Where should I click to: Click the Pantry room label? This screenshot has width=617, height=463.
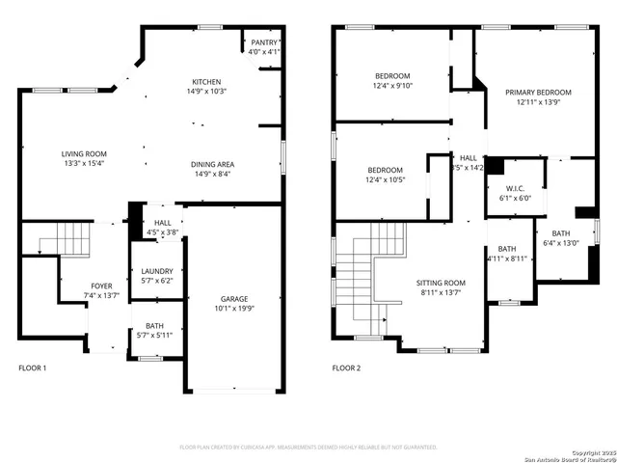click(x=263, y=43)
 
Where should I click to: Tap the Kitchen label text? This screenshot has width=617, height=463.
click(x=206, y=82)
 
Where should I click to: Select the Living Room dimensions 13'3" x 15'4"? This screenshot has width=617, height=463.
click(x=84, y=165)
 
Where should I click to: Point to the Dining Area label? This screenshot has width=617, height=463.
click(x=212, y=164)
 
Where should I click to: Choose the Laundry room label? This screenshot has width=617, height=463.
click(x=155, y=271)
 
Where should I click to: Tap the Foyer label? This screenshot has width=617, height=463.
click(x=101, y=286)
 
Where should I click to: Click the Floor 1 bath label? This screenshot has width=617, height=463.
click(x=154, y=326)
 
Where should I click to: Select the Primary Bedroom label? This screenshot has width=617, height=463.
click(x=538, y=93)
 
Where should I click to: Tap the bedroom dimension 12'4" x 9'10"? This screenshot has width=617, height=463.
click(x=392, y=85)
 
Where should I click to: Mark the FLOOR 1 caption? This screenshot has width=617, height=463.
click(x=32, y=368)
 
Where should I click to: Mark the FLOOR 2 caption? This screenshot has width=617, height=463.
click(x=346, y=368)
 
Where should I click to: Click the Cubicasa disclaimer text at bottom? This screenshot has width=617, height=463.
click(x=308, y=448)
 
